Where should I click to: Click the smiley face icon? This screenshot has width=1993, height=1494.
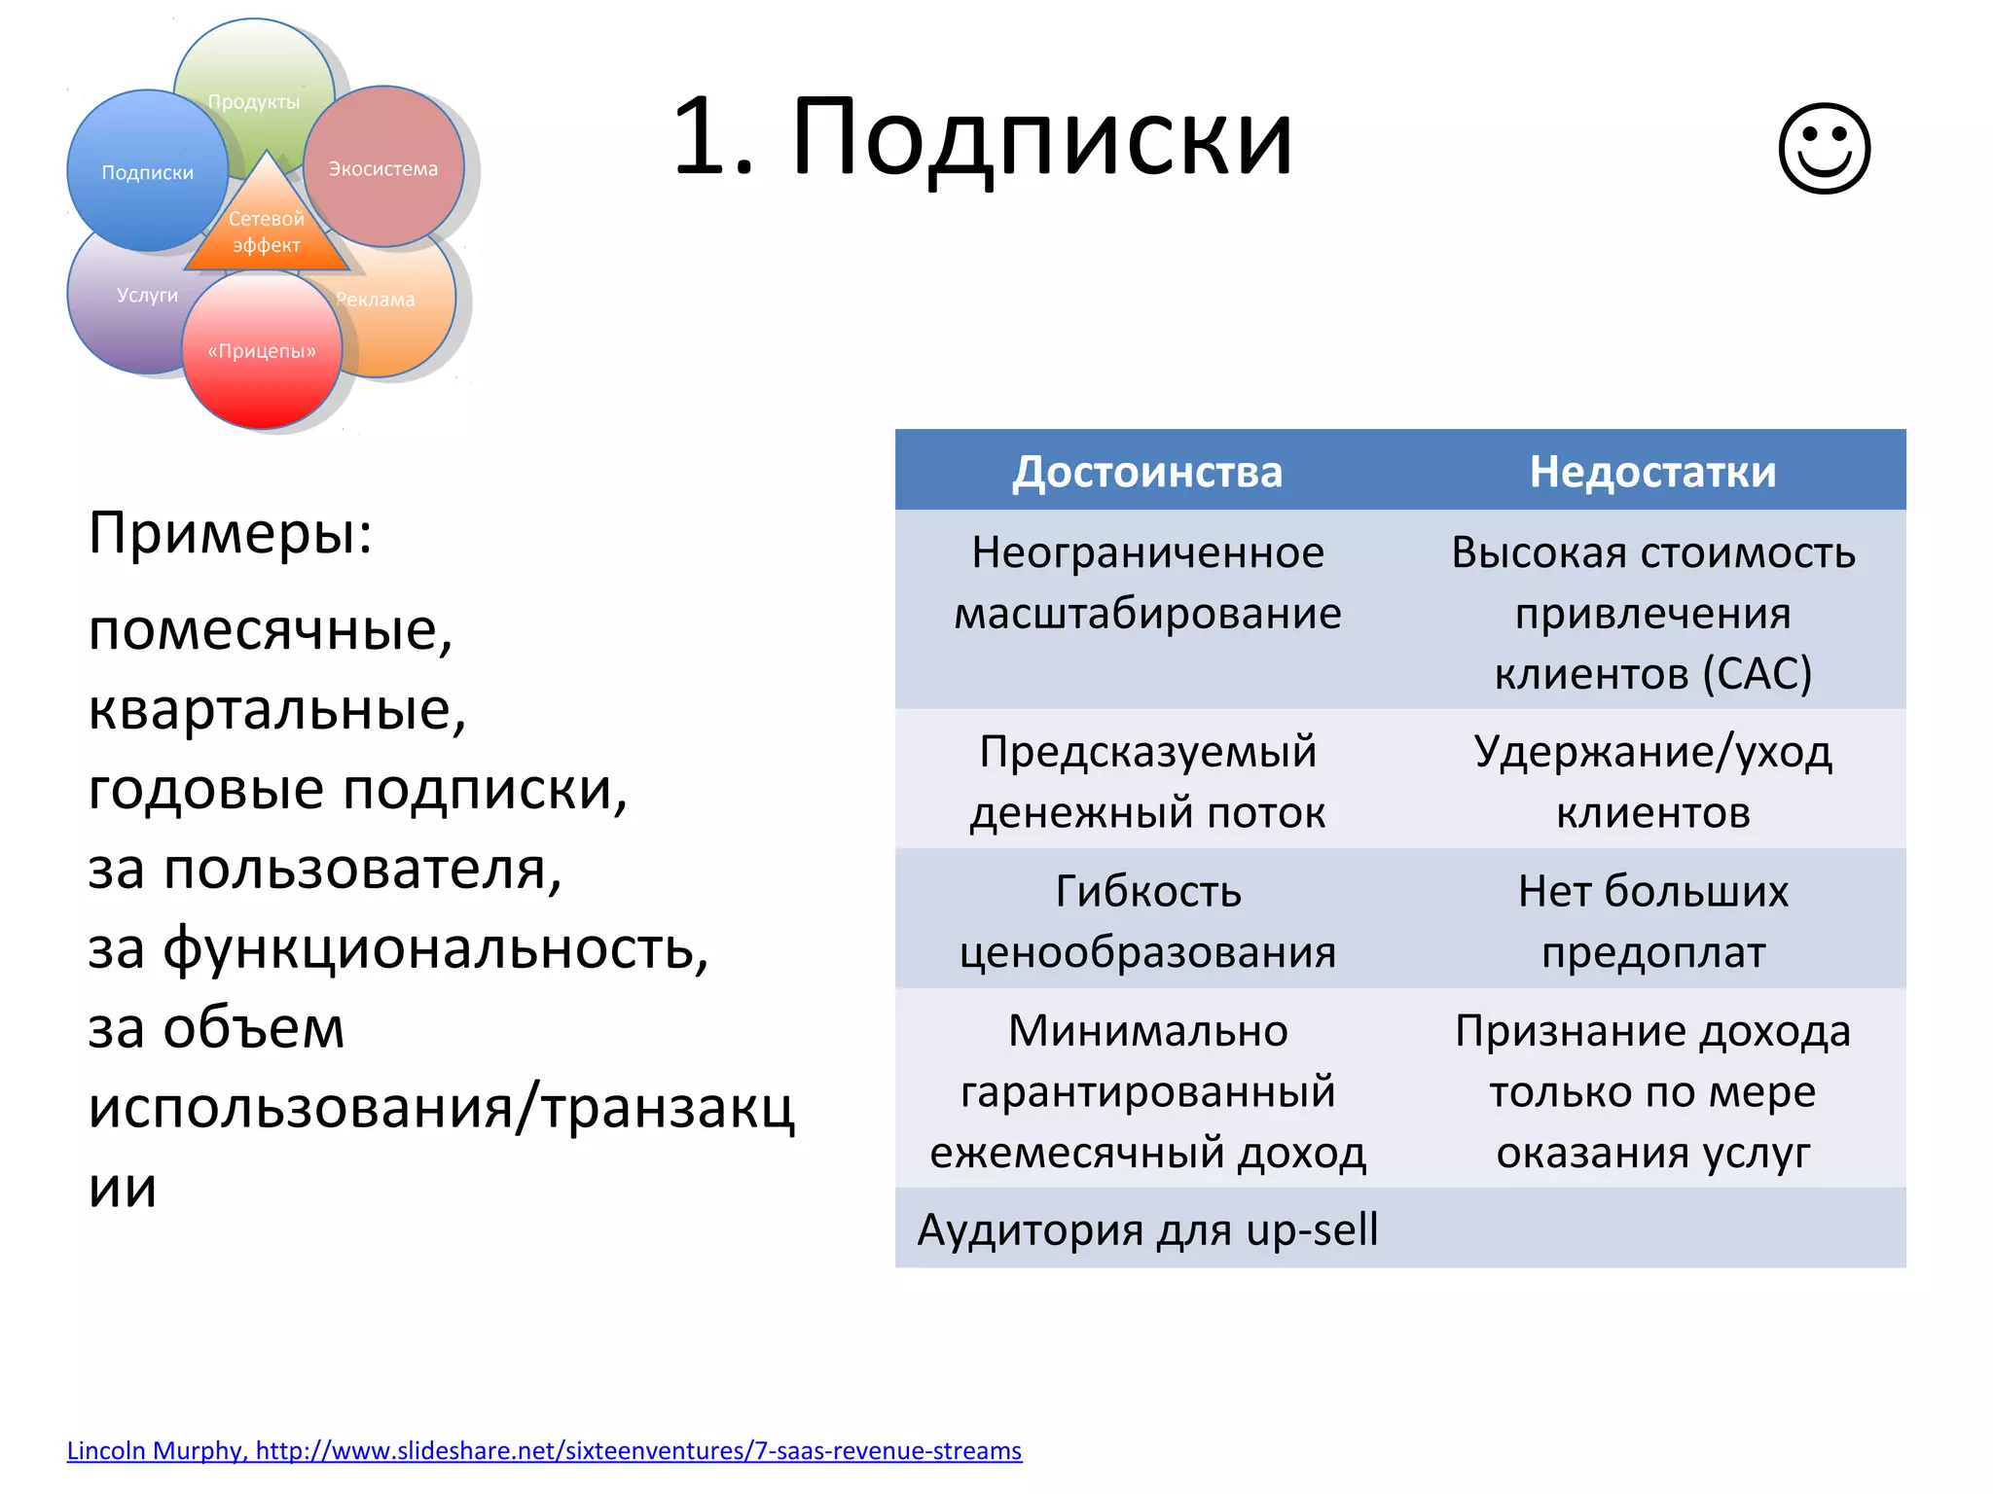1824,148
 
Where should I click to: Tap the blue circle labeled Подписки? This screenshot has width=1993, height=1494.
147,171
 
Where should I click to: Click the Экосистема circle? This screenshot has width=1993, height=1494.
383,167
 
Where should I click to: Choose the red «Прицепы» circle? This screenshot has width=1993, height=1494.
262,351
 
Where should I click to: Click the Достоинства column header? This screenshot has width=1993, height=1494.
1147,471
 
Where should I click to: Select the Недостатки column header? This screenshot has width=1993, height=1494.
1652,471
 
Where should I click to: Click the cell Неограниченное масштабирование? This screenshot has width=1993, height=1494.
1147,584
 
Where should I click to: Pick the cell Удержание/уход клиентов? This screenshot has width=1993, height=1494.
1652,781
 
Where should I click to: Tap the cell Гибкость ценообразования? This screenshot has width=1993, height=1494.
1147,920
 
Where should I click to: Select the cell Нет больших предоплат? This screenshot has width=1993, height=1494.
1652,920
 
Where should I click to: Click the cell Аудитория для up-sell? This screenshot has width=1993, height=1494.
1147,1229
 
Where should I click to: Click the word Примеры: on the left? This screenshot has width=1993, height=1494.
231,533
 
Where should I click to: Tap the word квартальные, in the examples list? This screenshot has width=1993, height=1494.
277,709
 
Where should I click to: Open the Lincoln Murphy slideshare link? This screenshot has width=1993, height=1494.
544,1450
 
